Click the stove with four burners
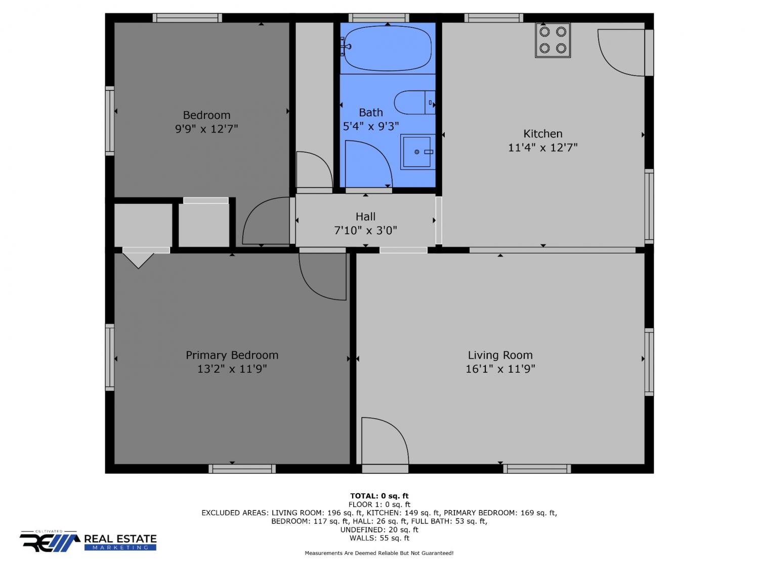click(553, 40)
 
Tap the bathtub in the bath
click(388, 48)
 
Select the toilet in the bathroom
click(414, 102)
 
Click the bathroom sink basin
click(418, 152)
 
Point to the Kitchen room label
click(542, 134)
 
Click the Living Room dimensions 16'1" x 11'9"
click(500, 369)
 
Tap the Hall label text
click(365, 216)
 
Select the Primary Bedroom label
click(232, 355)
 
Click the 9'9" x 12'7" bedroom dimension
click(206, 129)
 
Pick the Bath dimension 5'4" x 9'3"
click(371, 126)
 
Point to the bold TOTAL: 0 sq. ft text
click(379, 496)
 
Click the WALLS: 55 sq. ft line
click(379, 538)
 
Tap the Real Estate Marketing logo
click(88, 541)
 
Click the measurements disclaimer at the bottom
click(379, 553)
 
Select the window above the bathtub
click(378, 18)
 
